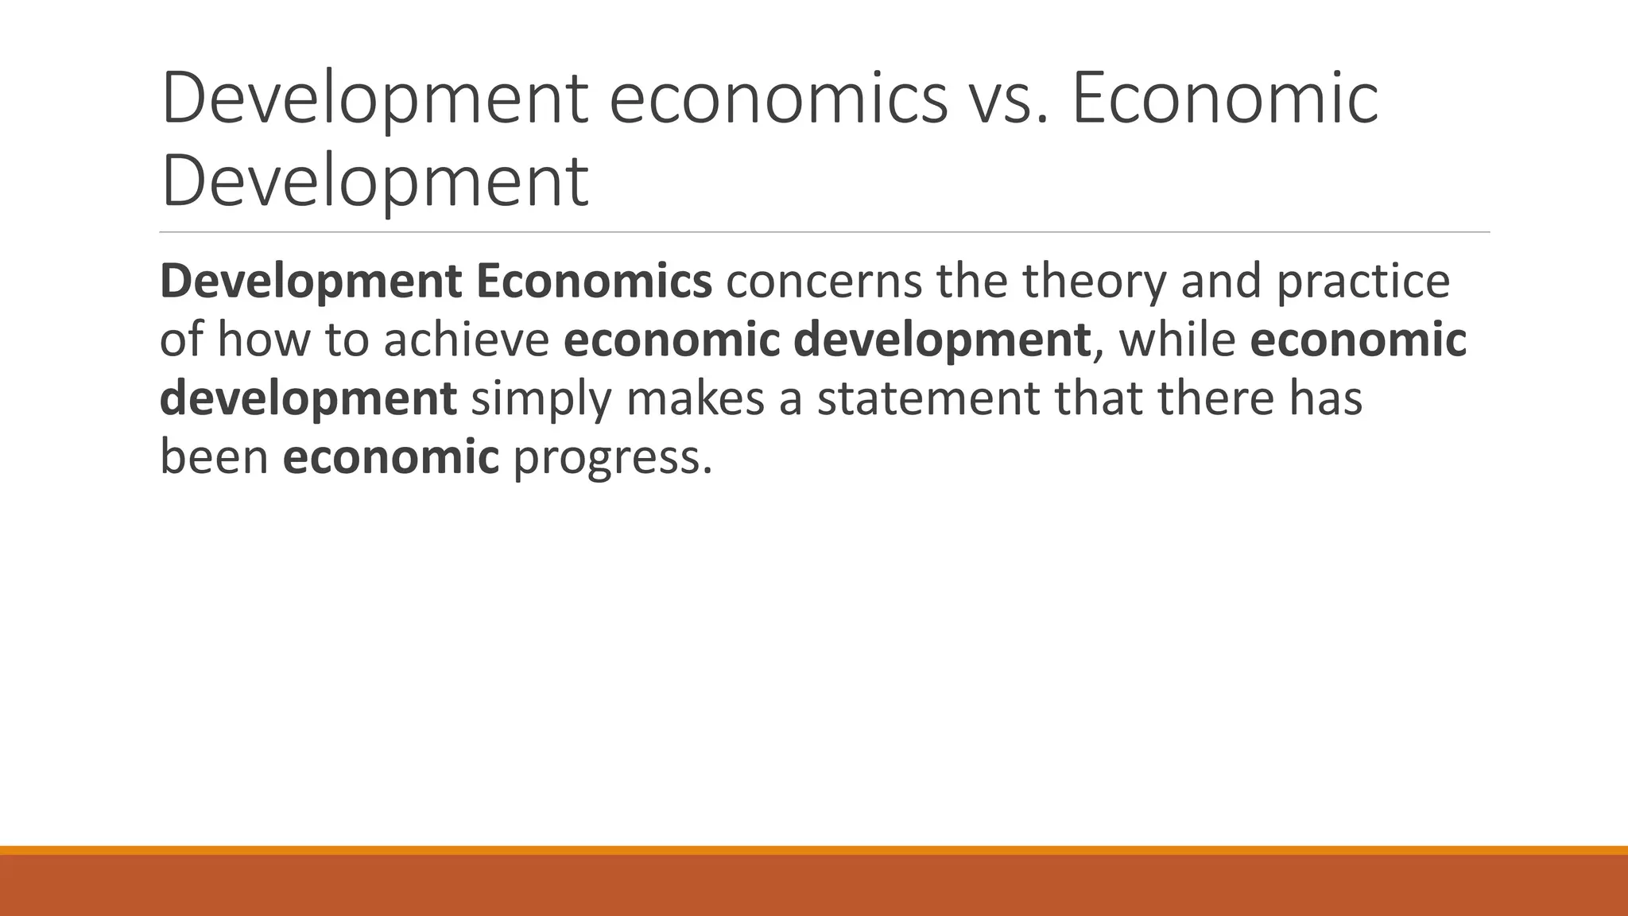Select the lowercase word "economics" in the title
click(x=778, y=99)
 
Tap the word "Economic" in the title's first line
click(x=1225, y=99)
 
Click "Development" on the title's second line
click(x=374, y=182)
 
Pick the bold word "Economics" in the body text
click(x=594, y=281)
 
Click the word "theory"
click(x=1094, y=282)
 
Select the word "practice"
click(x=1363, y=282)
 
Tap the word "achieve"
click(x=467, y=340)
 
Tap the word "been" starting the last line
click(x=214, y=457)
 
